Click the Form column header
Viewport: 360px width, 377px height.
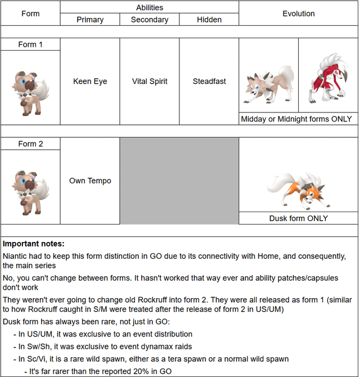point(30,14)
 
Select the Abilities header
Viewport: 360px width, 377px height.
point(150,7)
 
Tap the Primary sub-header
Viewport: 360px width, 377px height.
point(90,20)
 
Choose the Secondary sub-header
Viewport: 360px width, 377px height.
point(150,20)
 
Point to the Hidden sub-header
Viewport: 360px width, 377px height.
point(209,20)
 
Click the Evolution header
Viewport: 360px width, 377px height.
point(299,14)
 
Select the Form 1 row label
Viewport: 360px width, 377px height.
point(30,44)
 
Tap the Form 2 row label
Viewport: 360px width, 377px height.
point(30,144)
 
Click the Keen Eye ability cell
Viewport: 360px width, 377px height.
point(90,82)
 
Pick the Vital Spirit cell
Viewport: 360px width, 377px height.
point(150,82)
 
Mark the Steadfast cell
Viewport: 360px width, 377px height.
point(209,82)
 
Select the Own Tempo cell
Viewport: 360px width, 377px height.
point(90,181)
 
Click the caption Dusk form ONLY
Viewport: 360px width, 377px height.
point(299,218)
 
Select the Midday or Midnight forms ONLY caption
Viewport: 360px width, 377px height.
point(296,119)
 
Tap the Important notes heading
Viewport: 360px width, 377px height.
point(34,244)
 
